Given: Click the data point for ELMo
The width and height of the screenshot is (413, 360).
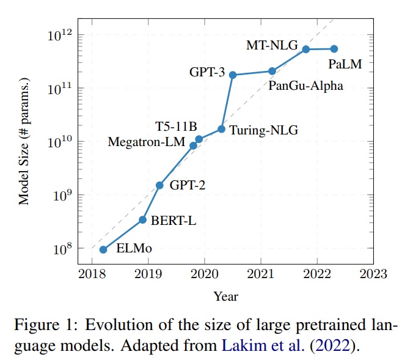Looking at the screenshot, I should coord(103,249).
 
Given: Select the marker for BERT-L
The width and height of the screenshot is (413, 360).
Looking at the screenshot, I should coord(142,219).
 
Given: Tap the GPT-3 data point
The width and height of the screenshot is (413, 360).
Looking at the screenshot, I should coord(233,75).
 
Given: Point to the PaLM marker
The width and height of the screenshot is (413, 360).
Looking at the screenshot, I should coord(334,49).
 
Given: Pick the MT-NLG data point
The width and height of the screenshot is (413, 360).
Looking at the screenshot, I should coord(306,49).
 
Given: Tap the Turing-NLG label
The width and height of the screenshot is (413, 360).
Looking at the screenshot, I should coord(259,130).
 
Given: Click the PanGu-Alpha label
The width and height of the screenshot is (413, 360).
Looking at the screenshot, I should coord(305,86).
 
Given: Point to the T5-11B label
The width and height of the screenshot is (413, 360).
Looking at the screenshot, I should coord(175,127).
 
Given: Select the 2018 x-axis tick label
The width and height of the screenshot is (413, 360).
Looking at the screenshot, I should coord(92,273).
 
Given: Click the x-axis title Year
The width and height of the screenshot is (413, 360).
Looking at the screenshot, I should coord(225,297).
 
